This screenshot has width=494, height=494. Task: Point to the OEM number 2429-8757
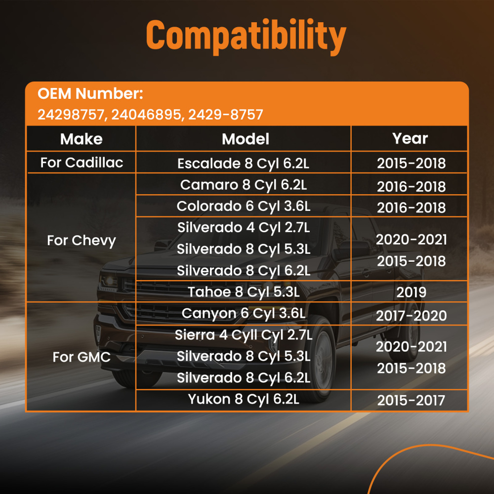pos(226,115)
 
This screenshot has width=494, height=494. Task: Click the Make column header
pos(81,139)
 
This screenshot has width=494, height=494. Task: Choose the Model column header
pos(246,139)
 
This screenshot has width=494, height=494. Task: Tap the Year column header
pos(410,138)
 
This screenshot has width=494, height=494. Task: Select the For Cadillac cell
pos(82,163)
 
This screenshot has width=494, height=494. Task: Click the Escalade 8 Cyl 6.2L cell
pos(244,164)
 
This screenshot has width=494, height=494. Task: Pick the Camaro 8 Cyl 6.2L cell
pos(244,185)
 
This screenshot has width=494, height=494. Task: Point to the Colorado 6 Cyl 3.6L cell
pos(244,206)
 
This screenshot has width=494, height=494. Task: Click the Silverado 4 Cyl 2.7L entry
pos(244,227)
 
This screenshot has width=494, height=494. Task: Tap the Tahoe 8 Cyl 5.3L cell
pos(244,292)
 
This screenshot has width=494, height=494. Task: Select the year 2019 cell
pos(411,292)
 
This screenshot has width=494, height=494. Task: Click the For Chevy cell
pos(81,241)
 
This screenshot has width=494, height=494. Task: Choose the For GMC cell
pos(81,357)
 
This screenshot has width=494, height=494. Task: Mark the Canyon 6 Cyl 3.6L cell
pos(244,313)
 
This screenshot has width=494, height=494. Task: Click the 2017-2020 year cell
pos(411,316)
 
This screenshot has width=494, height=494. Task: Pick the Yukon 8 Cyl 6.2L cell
pos(244,399)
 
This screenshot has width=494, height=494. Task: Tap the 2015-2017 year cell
pos(411,401)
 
